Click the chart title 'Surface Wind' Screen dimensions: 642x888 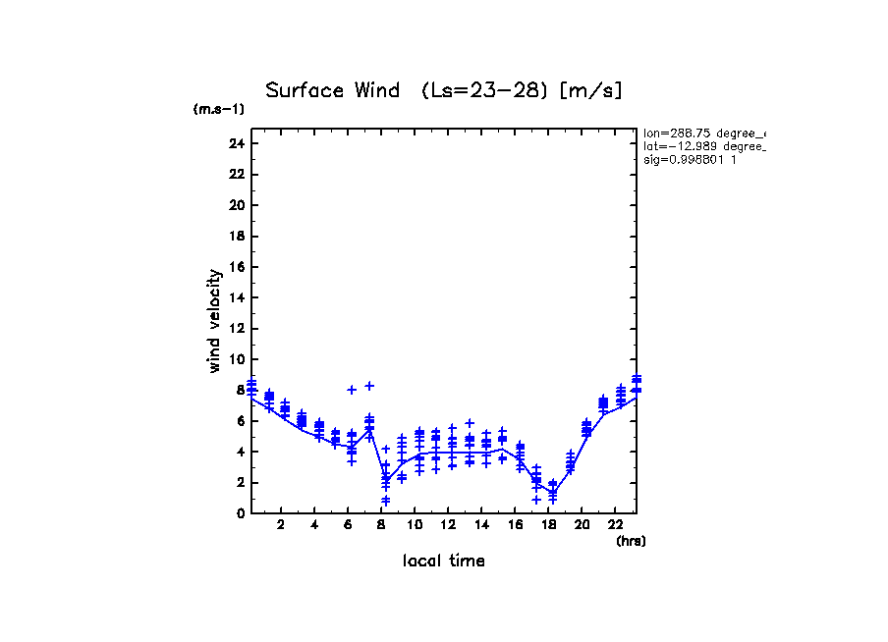click(x=332, y=91)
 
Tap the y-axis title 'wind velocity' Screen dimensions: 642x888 click(x=215, y=321)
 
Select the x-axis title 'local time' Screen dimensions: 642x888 click(x=443, y=562)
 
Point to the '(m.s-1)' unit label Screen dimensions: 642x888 click(x=219, y=109)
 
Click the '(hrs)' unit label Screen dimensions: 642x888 click(x=631, y=541)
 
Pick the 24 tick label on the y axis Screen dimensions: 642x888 click(x=236, y=143)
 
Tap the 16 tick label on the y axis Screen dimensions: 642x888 click(x=236, y=267)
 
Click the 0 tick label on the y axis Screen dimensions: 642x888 click(x=239, y=513)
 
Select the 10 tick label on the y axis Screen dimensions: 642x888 click(x=236, y=359)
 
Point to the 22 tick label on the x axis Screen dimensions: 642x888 click(x=615, y=525)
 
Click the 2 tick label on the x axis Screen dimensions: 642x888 click(x=281, y=525)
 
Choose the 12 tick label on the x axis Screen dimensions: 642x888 click(x=448, y=525)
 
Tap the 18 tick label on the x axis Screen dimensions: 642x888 click(x=548, y=525)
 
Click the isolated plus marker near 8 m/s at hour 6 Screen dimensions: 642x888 click(x=351, y=390)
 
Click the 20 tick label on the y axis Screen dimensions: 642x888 click(x=236, y=205)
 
